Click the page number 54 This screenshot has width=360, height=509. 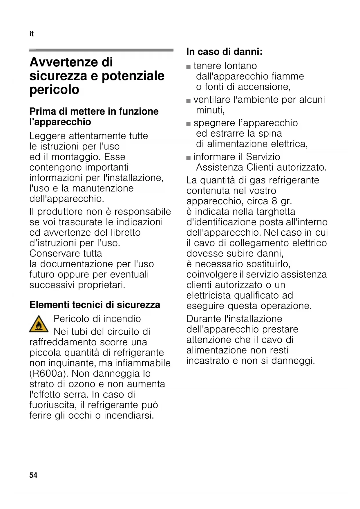click(x=33, y=475)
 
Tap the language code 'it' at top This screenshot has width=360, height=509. click(x=31, y=34)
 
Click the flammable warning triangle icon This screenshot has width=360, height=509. click(x=39, y=324)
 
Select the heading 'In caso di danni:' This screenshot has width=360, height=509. click(x=224, y=52)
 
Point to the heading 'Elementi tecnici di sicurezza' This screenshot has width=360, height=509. click(x=95, y=305)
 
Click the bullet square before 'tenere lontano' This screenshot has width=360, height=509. click(x=189, y=67)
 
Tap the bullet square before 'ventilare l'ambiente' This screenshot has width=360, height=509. click(x=189, y=100)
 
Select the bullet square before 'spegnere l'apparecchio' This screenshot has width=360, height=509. click(x=189, y=124)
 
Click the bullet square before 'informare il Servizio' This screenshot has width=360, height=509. click(x=189, y=158)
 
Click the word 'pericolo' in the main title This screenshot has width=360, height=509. click(x=54, y=90)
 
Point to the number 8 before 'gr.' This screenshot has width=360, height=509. click(x=274, y=201)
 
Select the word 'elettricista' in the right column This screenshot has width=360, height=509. click(x=209, y=295)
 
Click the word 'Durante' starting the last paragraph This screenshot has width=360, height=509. click(x=204, y=319)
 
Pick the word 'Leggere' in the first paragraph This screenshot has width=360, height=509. click(x=48, y=136)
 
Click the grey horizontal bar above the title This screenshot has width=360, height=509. click(x=101, y=50)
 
